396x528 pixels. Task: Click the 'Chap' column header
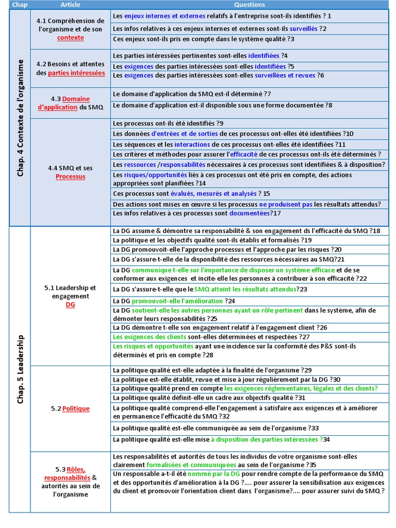point(20,5)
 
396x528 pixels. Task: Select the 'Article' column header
point(70,5)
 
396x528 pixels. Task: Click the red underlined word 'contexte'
point(70,38)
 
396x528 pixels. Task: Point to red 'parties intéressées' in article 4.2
point(76,73)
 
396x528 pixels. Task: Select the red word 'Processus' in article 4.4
point(70,176)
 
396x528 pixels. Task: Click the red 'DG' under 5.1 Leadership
point(70,305)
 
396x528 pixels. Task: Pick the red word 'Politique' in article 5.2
point(76,408)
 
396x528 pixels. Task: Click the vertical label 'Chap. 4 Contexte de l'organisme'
point(20,118)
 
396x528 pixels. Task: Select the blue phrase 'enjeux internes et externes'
point(164,16)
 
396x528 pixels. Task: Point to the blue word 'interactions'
point(192,144)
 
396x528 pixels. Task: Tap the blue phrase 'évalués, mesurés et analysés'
point(213,193)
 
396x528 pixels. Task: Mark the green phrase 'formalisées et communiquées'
point(191,464)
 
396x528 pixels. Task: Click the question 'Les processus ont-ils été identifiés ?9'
point(168,123)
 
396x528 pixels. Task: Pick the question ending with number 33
point(216,428)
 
